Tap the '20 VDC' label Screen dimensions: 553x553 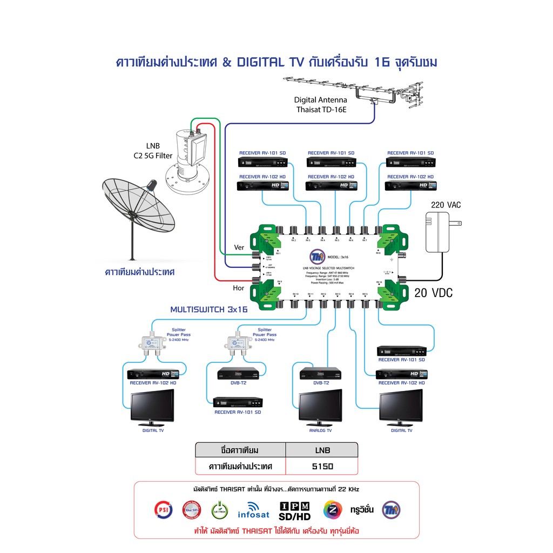tap(434, 293)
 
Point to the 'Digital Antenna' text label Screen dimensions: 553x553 tap(320, 100)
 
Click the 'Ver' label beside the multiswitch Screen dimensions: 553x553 tap(239, 247)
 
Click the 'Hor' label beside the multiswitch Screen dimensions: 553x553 tap(239, 288)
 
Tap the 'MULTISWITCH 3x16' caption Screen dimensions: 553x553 tap(208, 309)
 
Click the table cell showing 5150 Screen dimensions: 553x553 tap(321, 466)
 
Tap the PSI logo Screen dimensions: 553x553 tap(163, 509)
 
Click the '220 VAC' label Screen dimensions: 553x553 tap(446, 205)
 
